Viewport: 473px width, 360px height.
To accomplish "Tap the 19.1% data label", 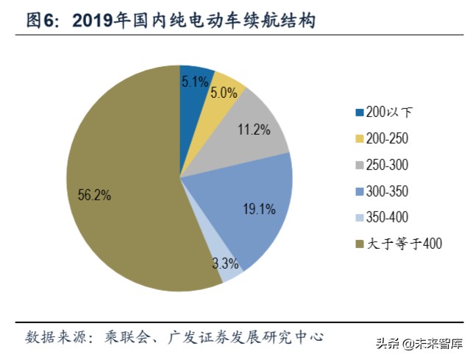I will pyautogui.click(x=259, y=210).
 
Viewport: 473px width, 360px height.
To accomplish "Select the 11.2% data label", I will pyautogui.click(x=254, y=130).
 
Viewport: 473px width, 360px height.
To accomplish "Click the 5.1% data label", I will pyautogui.click(x=195, y=82).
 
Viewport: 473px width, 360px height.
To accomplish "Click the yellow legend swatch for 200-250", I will pyautogui.click(x=360, y=139).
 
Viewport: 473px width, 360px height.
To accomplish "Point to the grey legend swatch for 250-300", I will pyautogui.click(x=360, y=166).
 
